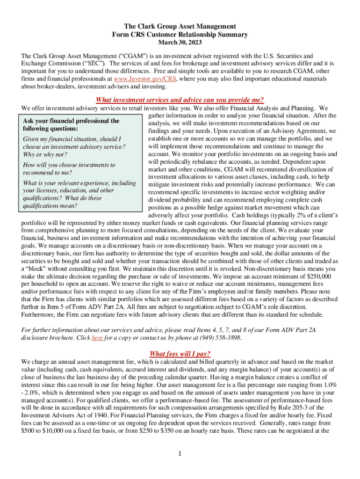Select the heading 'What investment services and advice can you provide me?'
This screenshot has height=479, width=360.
[180, 100]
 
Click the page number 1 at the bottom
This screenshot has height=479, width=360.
[180, 453]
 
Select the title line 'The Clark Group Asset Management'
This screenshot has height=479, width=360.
[180, 26]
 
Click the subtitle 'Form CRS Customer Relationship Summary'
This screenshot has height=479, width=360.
[180, 35]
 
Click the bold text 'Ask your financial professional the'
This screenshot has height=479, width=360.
[71, 121]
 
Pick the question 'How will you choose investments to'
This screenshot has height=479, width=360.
[69, 165]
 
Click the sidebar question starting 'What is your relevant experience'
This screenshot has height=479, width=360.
[79, 183]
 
